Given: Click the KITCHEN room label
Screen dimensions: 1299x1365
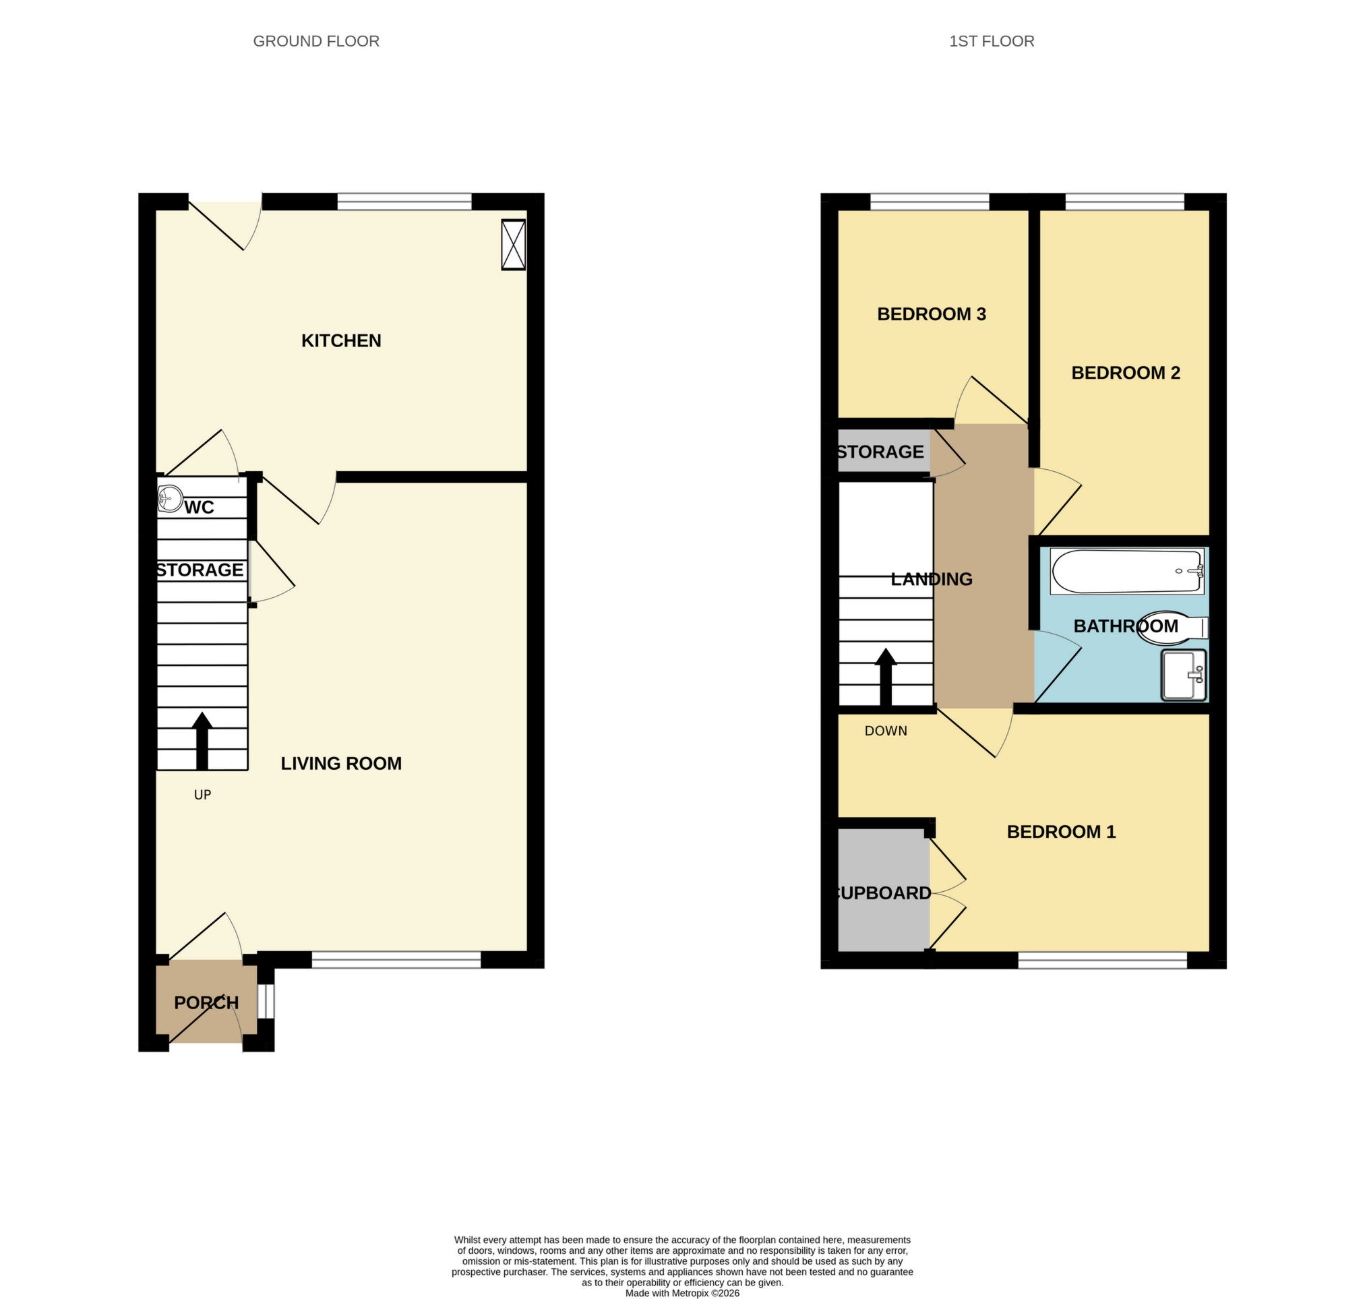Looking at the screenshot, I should tap(340, 340).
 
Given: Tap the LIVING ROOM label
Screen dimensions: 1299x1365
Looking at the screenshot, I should tap(340, 763).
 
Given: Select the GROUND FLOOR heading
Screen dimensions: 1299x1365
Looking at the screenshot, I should tap(315, 42).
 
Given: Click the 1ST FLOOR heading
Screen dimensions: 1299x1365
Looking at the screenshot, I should tap(991, 42).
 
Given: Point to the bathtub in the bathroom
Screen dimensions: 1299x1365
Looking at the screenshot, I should tap(1126, 572).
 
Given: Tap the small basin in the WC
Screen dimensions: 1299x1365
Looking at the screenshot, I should tap(169, 499).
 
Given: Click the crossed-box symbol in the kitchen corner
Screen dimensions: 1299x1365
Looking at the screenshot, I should tap(513, 245).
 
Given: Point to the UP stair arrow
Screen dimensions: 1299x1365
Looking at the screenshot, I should tap(202, 741).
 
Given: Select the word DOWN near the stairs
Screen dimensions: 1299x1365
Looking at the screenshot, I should tap(885, 731).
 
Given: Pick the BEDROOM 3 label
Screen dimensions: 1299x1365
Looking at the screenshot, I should tap(931, 314).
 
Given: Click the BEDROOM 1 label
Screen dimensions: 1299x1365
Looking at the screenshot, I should tap(1060, 832).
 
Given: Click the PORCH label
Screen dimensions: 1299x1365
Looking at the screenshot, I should tap(206, 1002).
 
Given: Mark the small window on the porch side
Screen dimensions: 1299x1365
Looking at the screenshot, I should tap(266, 1001).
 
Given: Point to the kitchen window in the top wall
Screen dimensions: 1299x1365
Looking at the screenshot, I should tap(404, 202).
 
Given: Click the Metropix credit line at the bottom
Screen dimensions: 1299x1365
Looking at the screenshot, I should tap(681, 1293).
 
